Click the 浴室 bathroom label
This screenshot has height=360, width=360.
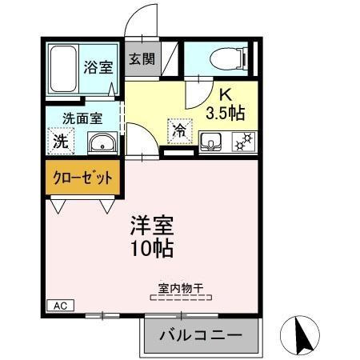pyautogui.click(x=99, y=67)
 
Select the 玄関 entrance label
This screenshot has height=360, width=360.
pyautogui.click(x=142, y=58)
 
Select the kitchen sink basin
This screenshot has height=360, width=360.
pyautogui.click(x=210, y=142)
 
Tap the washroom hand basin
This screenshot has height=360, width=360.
pyautogui.click(x=102, y=144)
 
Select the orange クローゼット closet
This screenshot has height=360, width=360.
pyautogui.click(x=83, y=178)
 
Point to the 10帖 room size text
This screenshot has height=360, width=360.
pyautogui.click(x=152, y=249)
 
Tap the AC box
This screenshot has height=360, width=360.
pyautogui.click(x=59, y=306)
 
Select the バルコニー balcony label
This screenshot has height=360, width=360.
pyautogui.click(x=202, y=335)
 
